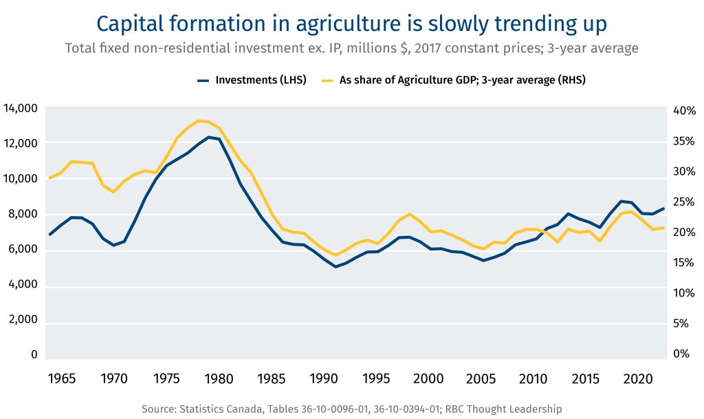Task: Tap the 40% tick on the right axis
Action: coord(684,111)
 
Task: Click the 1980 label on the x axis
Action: coord(219,379)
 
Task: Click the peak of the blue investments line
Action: coord(209,137)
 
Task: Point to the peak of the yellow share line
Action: coord(199,121)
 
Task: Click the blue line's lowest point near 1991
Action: coord(335,266)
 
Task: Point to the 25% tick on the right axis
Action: coord(684,202)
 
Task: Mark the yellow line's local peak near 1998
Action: coord(410,214)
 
